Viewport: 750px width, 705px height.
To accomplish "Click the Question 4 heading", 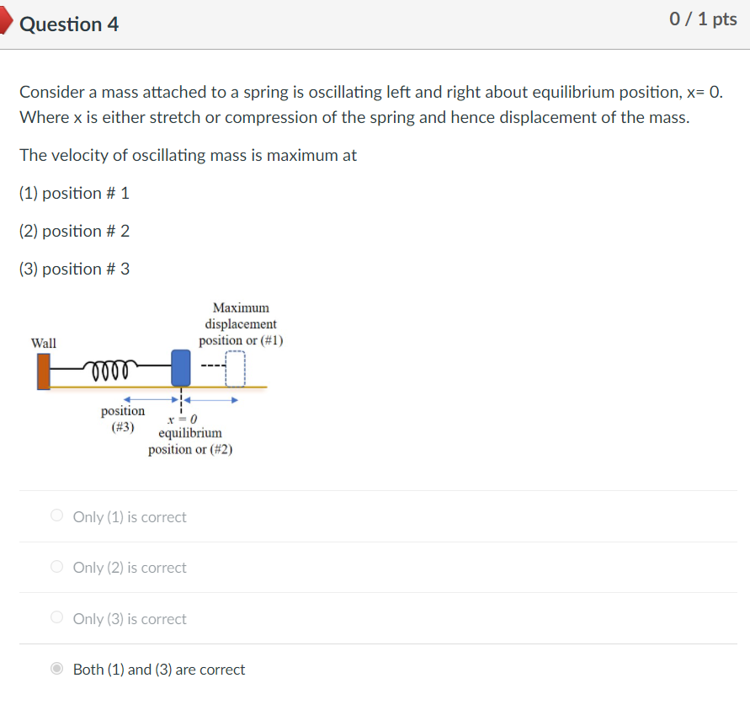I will pos(69,24).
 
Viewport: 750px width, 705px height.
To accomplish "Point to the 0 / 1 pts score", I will pos(703,19).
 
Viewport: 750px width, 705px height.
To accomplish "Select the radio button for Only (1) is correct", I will pos(57,516).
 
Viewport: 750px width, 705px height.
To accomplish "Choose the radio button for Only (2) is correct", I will pos(57,567).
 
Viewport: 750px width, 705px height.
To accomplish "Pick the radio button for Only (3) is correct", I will pos(57,618).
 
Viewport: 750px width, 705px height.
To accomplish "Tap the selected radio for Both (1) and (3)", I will pos(57,669).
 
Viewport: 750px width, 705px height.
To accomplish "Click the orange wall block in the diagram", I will pos(44,371).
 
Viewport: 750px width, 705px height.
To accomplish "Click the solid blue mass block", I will pos(180,368).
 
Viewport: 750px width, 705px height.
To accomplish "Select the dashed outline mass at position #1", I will pos(235,368).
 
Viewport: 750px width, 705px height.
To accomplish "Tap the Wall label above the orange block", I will pos(44,343).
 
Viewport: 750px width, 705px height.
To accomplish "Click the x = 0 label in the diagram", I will pos(181,419).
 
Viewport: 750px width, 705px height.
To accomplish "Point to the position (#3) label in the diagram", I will pos(123,419).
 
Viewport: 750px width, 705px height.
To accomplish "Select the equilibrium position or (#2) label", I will pos(190,441).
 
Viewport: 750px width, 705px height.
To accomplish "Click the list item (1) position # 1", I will pos(74,193).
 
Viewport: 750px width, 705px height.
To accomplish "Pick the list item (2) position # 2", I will pos(74,231).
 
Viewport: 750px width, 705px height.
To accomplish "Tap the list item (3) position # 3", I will pos(74,269).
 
